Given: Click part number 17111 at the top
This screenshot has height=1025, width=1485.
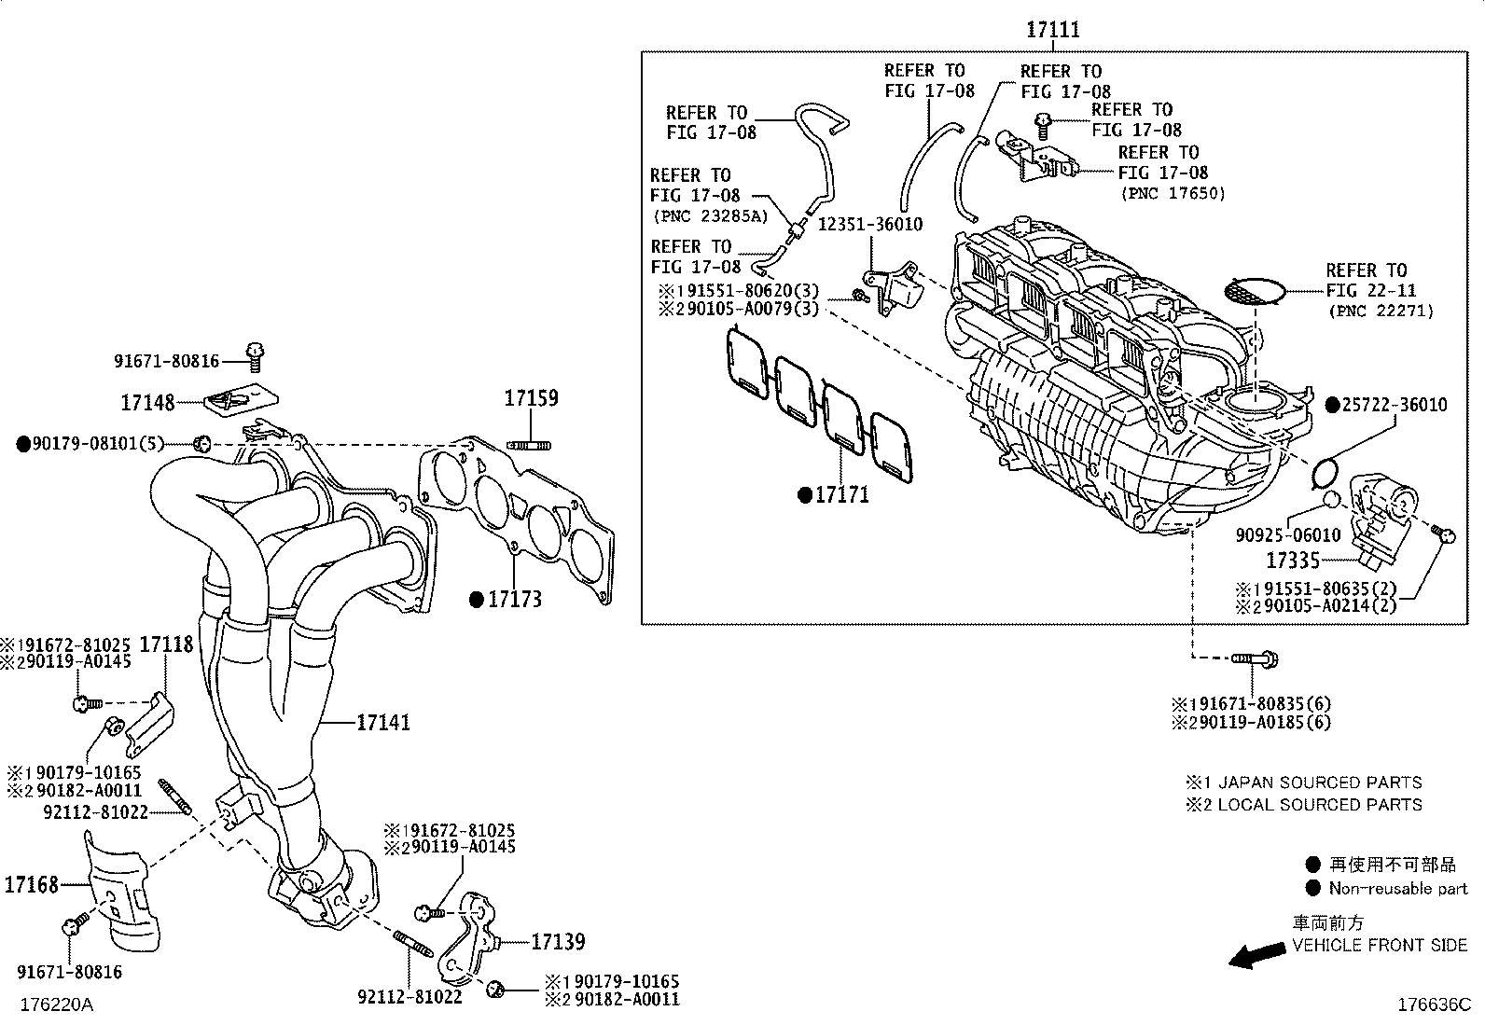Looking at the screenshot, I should pos(1053,30).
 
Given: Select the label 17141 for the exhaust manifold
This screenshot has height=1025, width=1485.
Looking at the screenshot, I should pos(383,723).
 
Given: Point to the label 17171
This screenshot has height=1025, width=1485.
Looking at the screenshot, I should pos(841,495).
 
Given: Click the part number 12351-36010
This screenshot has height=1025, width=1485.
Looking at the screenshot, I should pos(869,225).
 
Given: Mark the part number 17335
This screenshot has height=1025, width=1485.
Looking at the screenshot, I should pos(1292,561).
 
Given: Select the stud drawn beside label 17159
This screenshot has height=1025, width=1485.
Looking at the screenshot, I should pos(529,444).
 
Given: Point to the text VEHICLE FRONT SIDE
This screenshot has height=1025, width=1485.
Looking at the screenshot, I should pos(1379,946).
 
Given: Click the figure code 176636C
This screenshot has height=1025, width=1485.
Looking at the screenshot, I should pos(1433,1004).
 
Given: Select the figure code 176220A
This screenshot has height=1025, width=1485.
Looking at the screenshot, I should pos(57,1004).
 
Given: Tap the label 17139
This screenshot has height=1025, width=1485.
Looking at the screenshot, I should pos(558,942).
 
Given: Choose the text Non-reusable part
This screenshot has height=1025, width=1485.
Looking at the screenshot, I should pos(1397,889).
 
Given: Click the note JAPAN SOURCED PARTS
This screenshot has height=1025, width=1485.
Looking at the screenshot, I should pos(1319,783).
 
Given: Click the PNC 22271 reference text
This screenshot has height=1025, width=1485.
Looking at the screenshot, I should pos(1380,312).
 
